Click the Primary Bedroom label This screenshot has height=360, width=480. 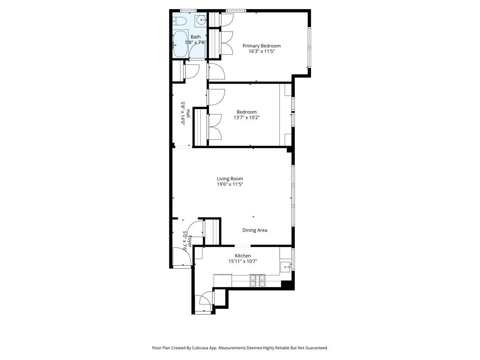pyautogui.click(x=262, y=46)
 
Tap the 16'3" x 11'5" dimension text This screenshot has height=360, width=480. pyautogui.click(x=262, y=51)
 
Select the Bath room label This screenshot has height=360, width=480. pyautogui.click(x=196, y=37)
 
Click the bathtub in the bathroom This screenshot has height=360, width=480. pyautogui.click(x=180, y=44)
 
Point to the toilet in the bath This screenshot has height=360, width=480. pyautogui.click(x=178, y=21)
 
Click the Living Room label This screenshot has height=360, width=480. pyautogui.click(x=230, y=179)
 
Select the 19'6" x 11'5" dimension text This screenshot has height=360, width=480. pyautogui.click(x=230, y=184)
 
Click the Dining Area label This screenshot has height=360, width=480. pyautogui.click(x=255, y=230)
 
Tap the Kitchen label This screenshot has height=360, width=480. pyautogui.click(x=243, y=256)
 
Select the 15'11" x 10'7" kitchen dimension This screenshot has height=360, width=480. pyautogui.click(x=243, y=261)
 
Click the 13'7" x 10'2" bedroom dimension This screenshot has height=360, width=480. pyautogui.click(x=247, y=118)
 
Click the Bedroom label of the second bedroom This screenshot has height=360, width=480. pyautogui.click(x=247, y=112)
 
